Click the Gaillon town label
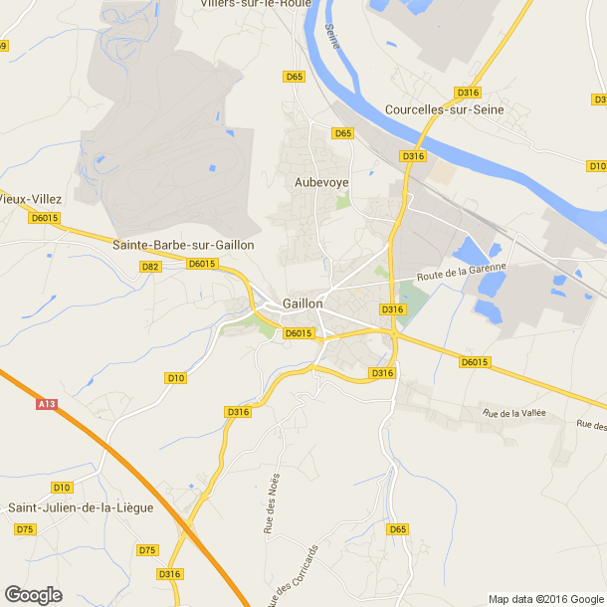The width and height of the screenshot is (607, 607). [x=303, y=303]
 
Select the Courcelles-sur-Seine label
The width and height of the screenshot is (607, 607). [x=445, y=109]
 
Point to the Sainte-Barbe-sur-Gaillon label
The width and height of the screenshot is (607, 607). [x=183, y=245]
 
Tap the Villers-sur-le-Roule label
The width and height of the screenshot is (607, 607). [x=257, y=4]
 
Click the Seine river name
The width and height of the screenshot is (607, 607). [x=331, y=35]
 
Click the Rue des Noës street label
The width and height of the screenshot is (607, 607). [x=272, y=504]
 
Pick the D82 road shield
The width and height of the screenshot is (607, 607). [x=151, y=267]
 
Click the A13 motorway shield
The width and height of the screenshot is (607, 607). [x=46, y=404]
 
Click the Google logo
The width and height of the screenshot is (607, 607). [x=32, y=594]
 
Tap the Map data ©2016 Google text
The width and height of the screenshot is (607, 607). [x=545, y=599]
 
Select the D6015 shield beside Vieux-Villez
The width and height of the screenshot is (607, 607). [x=45, y=218]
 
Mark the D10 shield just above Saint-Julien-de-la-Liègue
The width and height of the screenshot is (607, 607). [x=62, y=488]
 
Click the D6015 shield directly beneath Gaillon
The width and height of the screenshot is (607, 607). [x=299, y=333]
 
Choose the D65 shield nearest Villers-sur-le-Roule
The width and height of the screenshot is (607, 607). [x=294, y=77]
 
